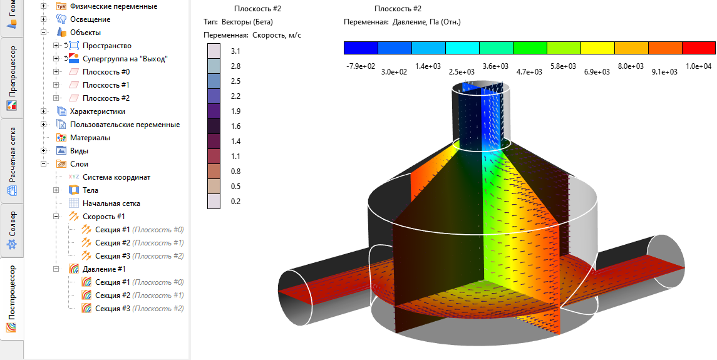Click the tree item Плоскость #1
pos(106,85)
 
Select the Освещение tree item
pos(90,19)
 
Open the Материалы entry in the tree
pos(90,138)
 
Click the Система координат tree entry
pos(116,177)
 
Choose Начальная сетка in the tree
pos(111,203)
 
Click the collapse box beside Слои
pos(44,164)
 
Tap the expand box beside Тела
pos(57,190)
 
